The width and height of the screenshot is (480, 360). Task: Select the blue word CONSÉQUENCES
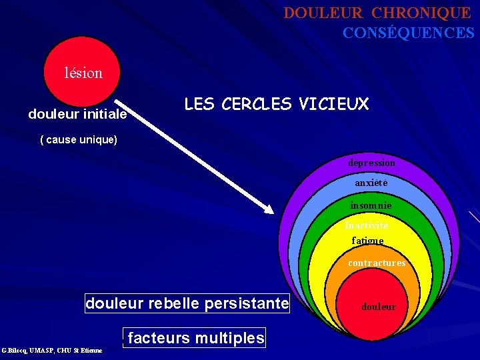(408, 33)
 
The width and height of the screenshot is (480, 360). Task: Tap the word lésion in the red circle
(83, 73)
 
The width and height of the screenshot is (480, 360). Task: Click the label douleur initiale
(77, 114)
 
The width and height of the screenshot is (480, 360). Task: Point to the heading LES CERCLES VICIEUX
(276, 104)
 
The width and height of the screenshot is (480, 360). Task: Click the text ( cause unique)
(79, 140)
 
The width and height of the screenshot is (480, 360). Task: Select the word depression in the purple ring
(371, 163)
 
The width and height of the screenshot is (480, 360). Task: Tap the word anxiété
(371, 183)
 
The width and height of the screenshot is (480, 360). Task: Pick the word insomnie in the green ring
(371, 206)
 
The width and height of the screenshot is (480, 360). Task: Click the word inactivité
(367, 226)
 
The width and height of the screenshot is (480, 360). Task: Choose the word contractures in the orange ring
(377, 263)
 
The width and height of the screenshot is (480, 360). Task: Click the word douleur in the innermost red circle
(379, 307)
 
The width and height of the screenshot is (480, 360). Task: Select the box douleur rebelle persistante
(187, 304)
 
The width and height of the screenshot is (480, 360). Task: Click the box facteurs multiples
(195, 338)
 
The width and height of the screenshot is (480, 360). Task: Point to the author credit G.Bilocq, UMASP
(52, 351)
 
